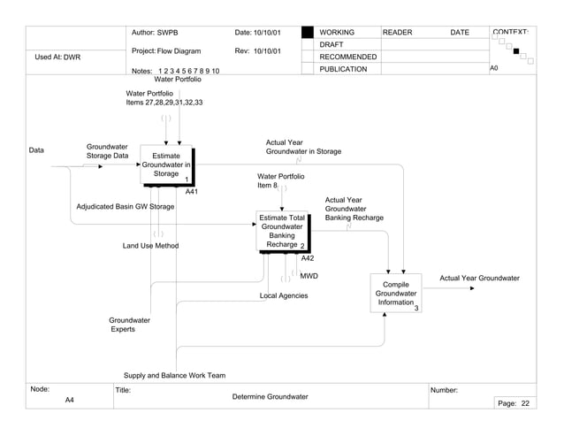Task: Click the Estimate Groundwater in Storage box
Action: [x=165, y=165]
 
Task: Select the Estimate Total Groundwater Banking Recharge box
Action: [x=282, y=231]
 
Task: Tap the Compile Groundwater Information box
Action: [x=395, y=294]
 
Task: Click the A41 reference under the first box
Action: [x=191, y=191]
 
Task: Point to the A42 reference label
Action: [x=308, y=258]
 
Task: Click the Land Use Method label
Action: [x=150, y=246]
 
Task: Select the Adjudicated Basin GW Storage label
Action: [x=125, y=207]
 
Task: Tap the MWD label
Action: [x=309, y=276]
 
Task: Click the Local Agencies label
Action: [x=283, y=295]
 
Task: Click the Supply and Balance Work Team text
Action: [x=174, y=375]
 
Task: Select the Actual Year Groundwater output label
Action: [x=479, y=279]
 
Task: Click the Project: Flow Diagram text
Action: [x=166, y=51]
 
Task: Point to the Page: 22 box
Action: [x=513, y=402]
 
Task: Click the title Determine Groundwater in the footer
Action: [x=270, y=397]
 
